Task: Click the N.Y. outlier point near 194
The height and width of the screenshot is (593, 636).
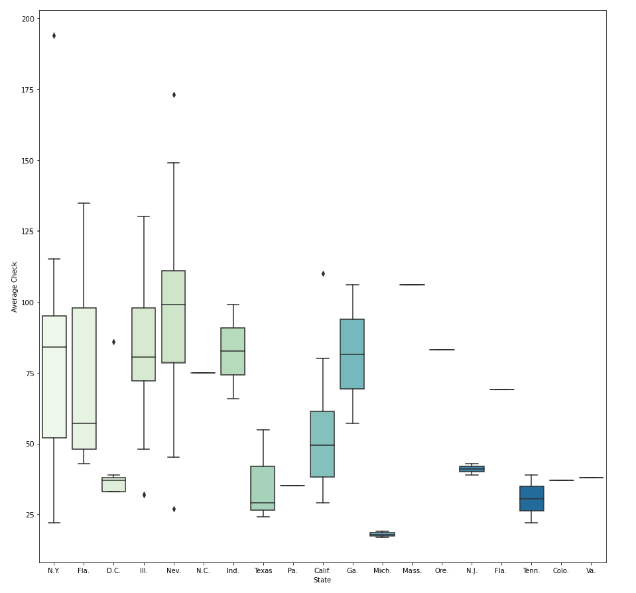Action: (x=54, y=36)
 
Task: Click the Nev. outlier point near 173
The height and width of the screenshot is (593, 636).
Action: (x=174, y=95)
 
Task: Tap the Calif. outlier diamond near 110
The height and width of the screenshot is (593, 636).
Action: (x=323, y=274)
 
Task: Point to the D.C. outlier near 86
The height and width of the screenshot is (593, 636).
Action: (x=114, y=342)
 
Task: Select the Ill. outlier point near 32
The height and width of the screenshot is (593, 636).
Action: (x=144, y=495)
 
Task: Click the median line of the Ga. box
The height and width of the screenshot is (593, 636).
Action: (x=352, y=354)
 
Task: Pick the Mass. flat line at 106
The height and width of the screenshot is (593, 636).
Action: (x=412, y=285)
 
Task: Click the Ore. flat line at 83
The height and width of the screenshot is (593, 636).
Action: (x=441, y=350)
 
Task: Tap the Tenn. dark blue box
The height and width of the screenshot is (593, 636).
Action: (x=531, y=499)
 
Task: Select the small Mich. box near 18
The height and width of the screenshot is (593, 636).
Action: (x=382, y=534)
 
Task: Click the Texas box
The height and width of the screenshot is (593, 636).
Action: (x=263, y=487)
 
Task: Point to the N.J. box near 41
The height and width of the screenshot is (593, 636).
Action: (x=471, y=469)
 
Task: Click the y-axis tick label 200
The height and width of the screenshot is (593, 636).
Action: (x=28, y=19)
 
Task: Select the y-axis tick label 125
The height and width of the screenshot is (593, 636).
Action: (x=28, y=231)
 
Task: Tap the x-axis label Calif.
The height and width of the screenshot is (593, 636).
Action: (x=322, y=571)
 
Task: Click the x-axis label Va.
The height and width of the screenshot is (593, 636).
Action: (x=590, y=571)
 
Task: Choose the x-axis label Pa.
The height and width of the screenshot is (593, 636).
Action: (x=292, y=571)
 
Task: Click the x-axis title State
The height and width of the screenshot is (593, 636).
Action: (x=322, y=580)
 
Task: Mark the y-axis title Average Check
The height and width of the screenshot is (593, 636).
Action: (x=14, y=287)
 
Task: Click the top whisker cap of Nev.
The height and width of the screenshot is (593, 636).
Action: (x=174, y=163)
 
